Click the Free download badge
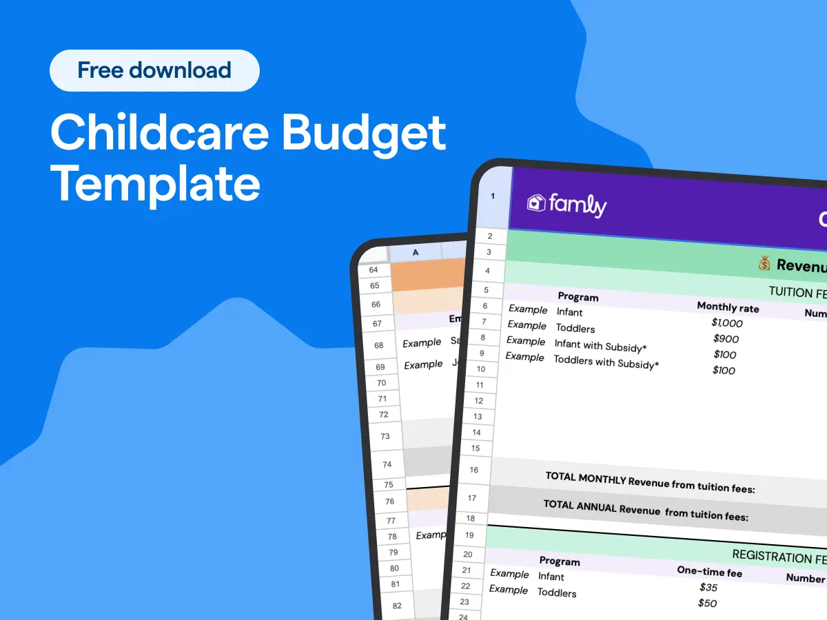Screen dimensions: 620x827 (x=154, y=70)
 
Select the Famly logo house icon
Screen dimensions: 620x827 (x=536, y=203)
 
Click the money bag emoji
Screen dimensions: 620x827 (x=764, y=264)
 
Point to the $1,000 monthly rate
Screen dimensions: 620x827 (x=727, y=323)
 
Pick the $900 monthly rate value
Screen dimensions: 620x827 (x=726, y=339)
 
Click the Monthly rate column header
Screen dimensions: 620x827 (x=728, y=307)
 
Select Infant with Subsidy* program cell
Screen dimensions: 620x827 (x=600, y=345)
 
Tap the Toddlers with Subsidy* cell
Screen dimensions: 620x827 (x=606, y=362)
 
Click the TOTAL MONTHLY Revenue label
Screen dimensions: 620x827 (x=650, y=482)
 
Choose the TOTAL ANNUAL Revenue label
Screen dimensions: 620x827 (x=646, y=510)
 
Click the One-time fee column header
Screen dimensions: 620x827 (x=710, y=571)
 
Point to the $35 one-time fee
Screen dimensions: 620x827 (x=708, y=588)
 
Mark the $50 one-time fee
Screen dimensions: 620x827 (x=707, y=603)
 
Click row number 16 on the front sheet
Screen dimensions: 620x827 (x=474, y=471)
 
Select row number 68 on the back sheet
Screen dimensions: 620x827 (x=379, y=345)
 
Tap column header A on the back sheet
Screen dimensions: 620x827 (x=416, y=253)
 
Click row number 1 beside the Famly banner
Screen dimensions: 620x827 (x=493, y=196)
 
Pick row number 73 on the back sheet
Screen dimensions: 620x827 (x=385, y=436)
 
